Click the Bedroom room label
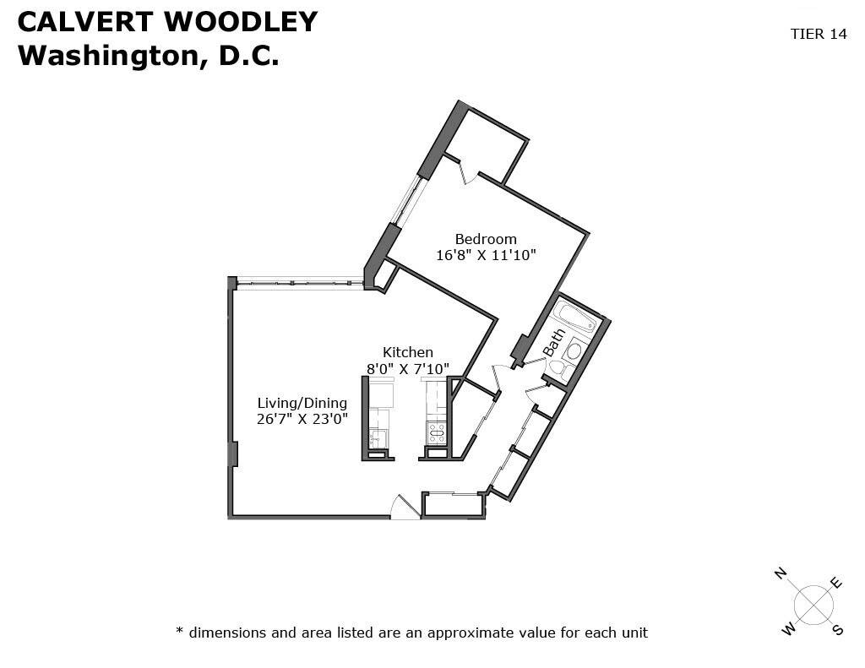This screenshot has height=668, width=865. point(486,239)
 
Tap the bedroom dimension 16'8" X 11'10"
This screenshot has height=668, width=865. point(486,255)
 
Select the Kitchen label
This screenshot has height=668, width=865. point(408,352)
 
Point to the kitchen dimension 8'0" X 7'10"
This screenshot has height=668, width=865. point(408,368)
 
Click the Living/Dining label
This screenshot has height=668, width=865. point(302,404)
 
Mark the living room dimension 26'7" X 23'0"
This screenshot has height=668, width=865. point(302,419)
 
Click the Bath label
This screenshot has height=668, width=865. point(554,343)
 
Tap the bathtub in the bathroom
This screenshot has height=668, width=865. point(575,317)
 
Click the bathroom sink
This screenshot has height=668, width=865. point(575,350)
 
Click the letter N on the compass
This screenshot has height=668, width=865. point(780,573)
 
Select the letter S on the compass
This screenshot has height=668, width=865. point(838,629)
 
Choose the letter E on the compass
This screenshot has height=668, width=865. point(836,583)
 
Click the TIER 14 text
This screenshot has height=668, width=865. point(819,34)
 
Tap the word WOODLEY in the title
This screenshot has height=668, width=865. point(241,22)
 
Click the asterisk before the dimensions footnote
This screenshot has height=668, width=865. point(179,630)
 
